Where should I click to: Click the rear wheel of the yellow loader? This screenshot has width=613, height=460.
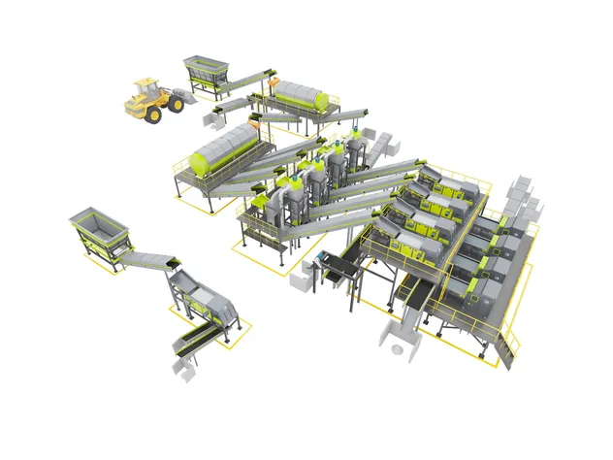[152, 114]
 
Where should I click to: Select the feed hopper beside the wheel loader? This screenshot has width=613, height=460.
[206, 70]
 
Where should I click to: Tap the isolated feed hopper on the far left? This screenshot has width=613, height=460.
[100, 229]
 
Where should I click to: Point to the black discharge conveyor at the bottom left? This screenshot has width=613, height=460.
[194, 339]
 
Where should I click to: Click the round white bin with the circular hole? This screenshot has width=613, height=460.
[398, 341]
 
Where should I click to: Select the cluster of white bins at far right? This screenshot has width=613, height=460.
[524, 199]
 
